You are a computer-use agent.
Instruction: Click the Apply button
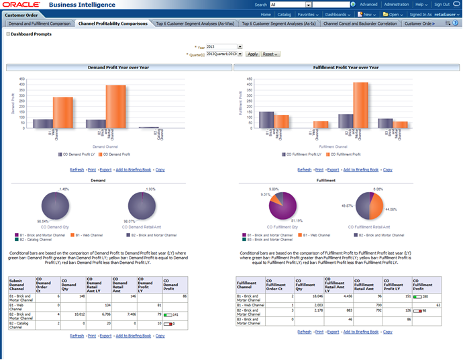pyautogui.click(x=252, y=54)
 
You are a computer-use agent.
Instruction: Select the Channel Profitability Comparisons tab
pyautogui.click(x=113, y=23)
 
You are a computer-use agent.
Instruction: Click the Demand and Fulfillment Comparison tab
pyautogui.click(x=40, y=23)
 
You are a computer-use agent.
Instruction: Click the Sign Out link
pyautogui.click(x=442, y=4)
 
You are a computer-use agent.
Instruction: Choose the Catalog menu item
pyautogui.click(x=285, y=13)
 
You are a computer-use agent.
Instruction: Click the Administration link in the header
pyautogui.click(x=396, y=4)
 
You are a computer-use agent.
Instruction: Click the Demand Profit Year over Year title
pyautogui.click(x=118, y=68)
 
